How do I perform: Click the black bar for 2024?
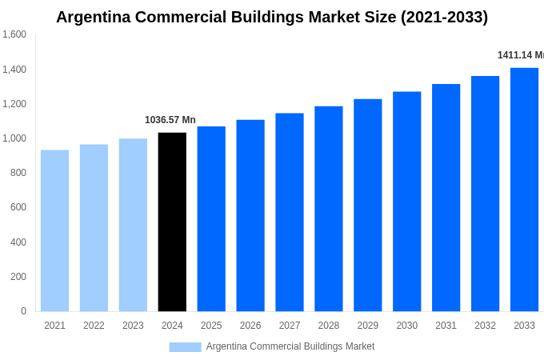pos(172,222)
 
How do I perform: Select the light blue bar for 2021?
pos(54,230)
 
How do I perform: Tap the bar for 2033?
pos(524,190)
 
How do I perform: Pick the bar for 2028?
pos(328,209)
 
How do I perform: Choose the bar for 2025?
pos(211,218)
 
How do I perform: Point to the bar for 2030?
pos(406,202)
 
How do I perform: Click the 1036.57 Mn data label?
pos(170,120)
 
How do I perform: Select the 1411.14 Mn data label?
pos(520,55)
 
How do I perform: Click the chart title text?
pos(272,17)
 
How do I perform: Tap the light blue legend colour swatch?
pos(185,347)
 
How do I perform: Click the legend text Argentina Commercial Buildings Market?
pos(290,346)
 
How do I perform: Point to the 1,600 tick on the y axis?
pos(14,34)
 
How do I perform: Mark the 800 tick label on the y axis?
pos(18,173)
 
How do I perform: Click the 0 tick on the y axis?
pos(23,311)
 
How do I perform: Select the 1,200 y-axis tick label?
pos(14,104)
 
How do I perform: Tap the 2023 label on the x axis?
pos(133,326)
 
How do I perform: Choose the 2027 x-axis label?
pos(290,326)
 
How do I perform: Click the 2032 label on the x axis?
pos(485,326)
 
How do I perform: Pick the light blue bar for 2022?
pos(94,228)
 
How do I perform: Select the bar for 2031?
pos(446,198)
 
